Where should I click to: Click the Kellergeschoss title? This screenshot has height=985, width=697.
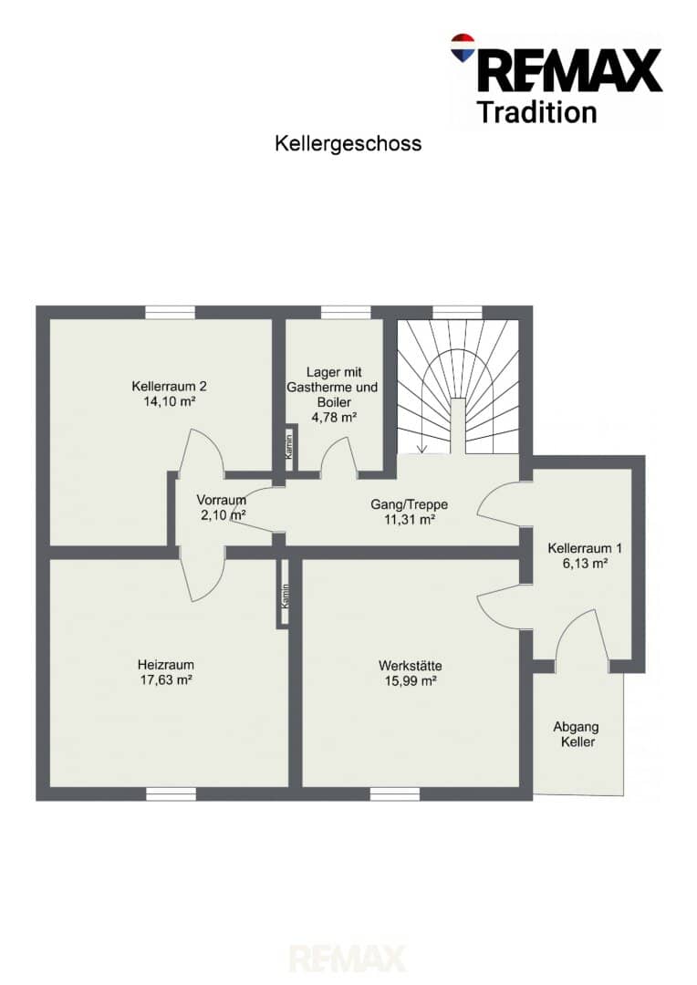tap(348, 144)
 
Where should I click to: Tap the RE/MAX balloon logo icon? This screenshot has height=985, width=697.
tap(463, 47)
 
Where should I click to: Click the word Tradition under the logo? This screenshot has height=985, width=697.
tap(536, 112)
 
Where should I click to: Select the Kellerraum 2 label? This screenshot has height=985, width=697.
tap(169, 387)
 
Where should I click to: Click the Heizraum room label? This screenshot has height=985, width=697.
tap(166, 664)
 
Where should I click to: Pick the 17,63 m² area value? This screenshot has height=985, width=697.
tap(166, 679)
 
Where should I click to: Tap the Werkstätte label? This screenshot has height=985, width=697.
tap(410, 665)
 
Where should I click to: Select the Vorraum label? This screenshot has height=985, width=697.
tap(221, 500)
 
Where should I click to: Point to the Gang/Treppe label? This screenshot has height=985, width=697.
tap(409, 504)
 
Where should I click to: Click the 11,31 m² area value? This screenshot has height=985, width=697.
tap(410, 520)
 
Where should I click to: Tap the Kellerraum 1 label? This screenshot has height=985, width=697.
tap(585, 548)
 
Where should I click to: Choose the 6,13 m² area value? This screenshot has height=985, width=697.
tap(585, 564)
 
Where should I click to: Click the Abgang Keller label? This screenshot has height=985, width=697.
tap(577, 734)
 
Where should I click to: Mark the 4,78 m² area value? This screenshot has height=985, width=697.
tap(334, 417)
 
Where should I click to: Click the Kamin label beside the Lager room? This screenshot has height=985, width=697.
tap(288, 446)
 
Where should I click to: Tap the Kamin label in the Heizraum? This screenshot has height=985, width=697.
tap(286, 596)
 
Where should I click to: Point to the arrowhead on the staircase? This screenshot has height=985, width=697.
tap(421, 449)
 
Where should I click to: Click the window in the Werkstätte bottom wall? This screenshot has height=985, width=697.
tap(395, 794)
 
